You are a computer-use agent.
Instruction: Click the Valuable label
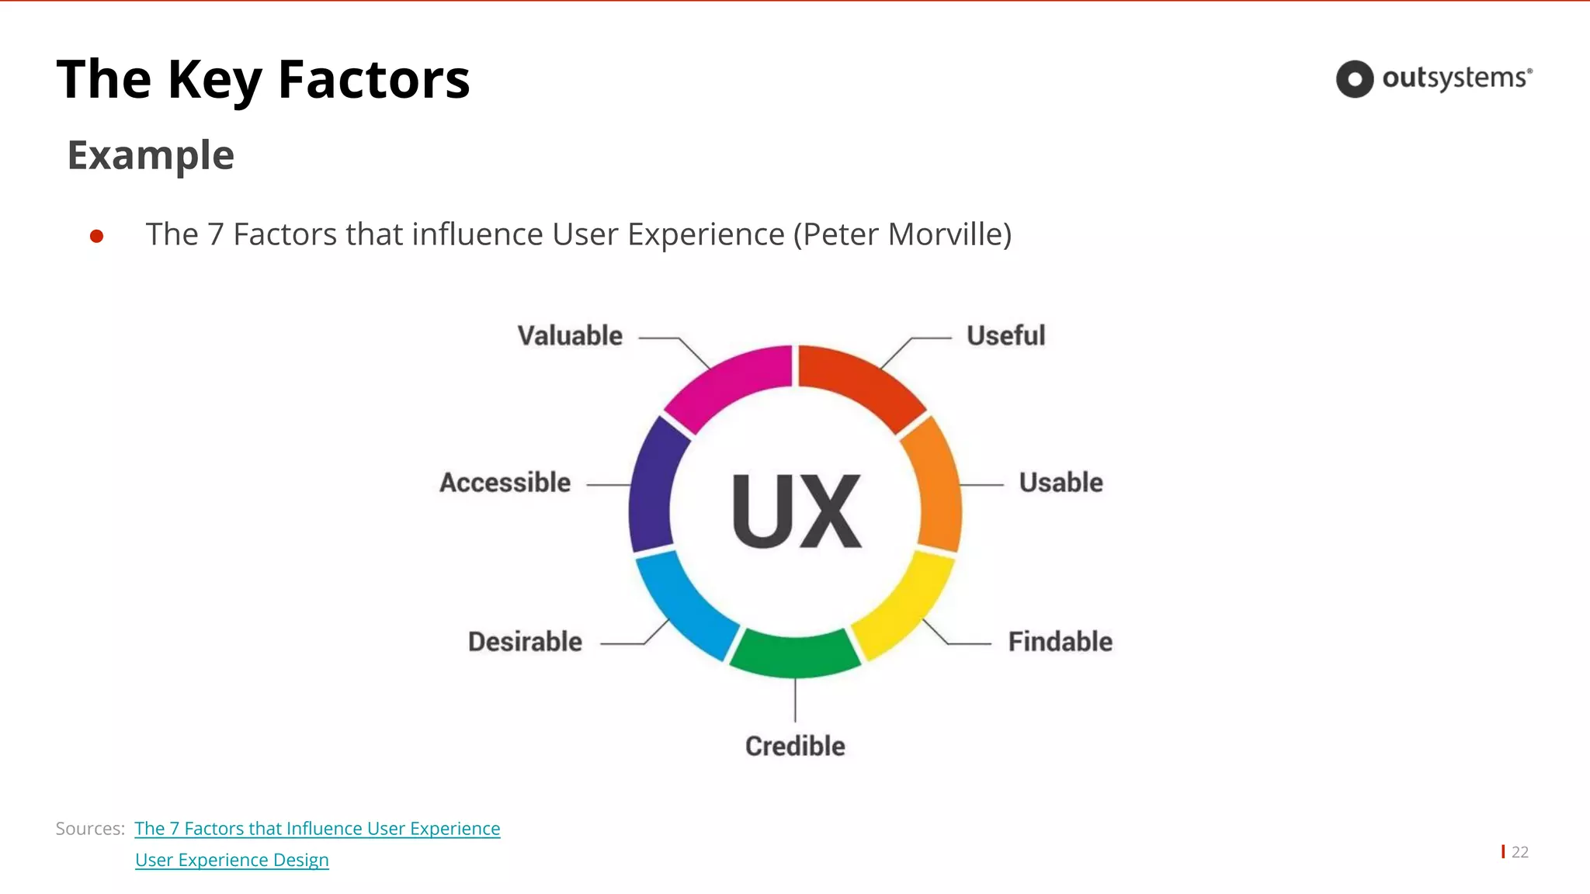click(570, 336)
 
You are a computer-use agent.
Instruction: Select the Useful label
click(1005, 336)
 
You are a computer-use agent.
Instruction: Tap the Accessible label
click(505, 483)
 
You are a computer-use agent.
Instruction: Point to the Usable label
click(1061, 483)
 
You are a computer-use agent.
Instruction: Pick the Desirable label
click(525, 642)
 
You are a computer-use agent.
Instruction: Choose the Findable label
click(1060, 642)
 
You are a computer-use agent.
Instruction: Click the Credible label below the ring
click(795, 746)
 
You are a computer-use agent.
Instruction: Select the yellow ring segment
click(904, 605)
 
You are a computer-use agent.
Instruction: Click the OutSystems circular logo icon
click(1355, 79)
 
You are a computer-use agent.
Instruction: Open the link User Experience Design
click(231, 860)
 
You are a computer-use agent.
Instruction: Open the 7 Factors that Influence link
click(317, 829)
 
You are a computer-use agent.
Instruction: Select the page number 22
click(1519, 852)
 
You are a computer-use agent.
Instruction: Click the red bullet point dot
click(97, 236)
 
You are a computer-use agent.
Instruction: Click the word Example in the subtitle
click(151, 155)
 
